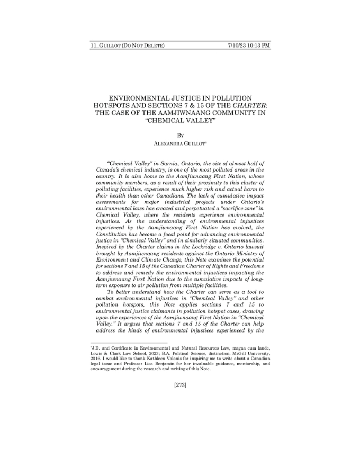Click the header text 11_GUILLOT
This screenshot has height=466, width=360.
tap(105, 46)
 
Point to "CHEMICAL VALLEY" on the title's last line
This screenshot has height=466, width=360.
tap(180, 120)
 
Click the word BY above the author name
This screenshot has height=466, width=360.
tap(180, 135)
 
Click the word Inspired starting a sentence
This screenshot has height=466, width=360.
tap(107, 245)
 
